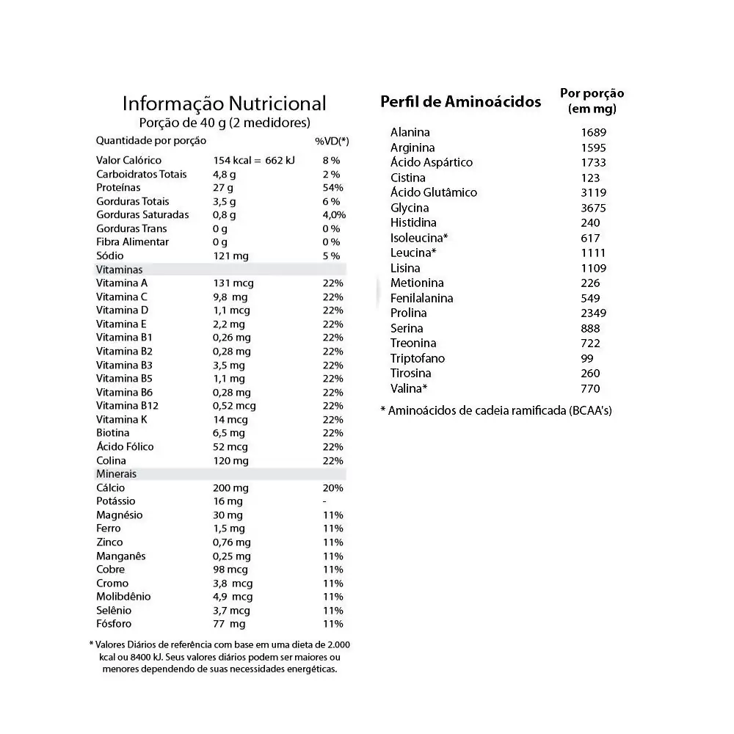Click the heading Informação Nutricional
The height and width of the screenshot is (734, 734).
(x=224, y=103)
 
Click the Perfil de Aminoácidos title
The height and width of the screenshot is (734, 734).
(x=460, y=102)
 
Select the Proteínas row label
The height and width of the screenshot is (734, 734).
(x=118, y=188)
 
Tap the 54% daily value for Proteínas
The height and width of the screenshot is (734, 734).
(x=333, y=188)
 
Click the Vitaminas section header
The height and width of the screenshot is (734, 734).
(x=119, y=269)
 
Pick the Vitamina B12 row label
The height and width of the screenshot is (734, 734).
(x=128, y=406)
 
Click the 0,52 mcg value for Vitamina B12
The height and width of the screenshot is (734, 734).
(x=234, y=406)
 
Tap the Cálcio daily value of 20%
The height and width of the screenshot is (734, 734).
(x=333, y=488)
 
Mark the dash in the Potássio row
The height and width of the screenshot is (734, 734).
(x=324, y=501)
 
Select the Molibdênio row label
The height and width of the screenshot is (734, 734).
(x=123, y=597)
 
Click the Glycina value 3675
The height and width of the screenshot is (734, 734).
(x=593, y=208)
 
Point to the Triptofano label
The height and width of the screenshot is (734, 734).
(x=418, y=358)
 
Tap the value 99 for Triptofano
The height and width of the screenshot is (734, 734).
(x=586, y=358)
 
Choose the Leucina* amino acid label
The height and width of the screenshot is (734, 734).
(x=413, y=252)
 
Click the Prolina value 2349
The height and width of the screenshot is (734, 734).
(x=593, y=313)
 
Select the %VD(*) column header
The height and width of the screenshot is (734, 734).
(x=332, y=141)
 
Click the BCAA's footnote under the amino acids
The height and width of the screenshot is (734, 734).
(x=495, y=410)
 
